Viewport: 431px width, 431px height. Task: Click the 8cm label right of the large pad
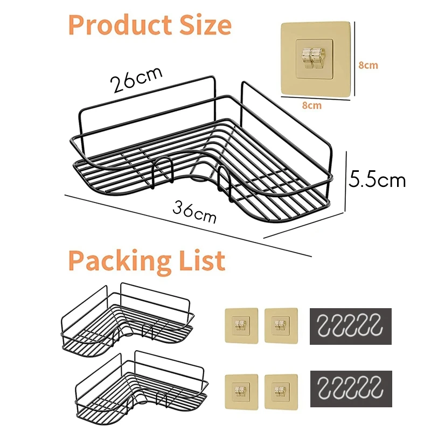coord(368,65)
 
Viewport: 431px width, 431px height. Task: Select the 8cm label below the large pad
coord(311,106)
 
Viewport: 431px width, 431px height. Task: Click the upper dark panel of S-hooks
coord(350,326)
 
